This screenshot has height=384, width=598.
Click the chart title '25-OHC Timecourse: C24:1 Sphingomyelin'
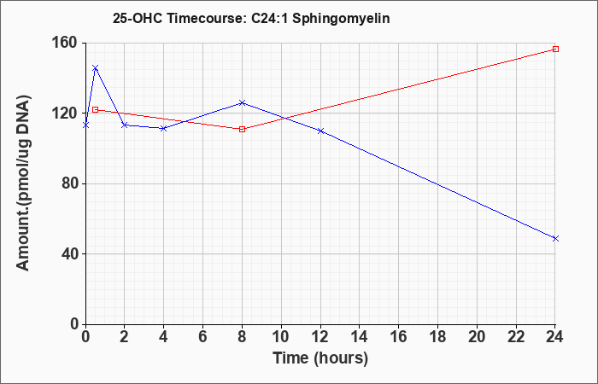tap(251, 18)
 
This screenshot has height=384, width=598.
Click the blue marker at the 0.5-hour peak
tap(96, 67)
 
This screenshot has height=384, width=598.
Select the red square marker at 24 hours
tap(555, 49)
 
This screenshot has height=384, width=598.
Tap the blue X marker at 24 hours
tap(555, 238)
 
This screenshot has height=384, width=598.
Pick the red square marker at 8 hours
tap(242, 129)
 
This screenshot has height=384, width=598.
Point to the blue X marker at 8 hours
tap(242, 103)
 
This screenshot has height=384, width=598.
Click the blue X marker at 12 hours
tap(320, 131)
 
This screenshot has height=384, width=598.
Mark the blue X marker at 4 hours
tap(164, 128)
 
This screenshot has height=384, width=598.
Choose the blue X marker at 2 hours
tap(125, 125)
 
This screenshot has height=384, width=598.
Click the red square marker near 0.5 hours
tap(96, 110)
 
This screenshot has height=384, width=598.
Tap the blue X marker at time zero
tap(85, 125)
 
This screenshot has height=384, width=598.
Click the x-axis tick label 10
tap(281, 337)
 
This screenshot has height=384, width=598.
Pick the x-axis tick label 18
tap(437, 337)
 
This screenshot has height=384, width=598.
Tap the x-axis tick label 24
tap(554, 337)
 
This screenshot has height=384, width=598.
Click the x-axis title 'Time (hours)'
tap(320, 358)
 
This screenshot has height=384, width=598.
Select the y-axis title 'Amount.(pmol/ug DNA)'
tap(23, 183)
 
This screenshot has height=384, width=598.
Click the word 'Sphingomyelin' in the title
tap(342, 19)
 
